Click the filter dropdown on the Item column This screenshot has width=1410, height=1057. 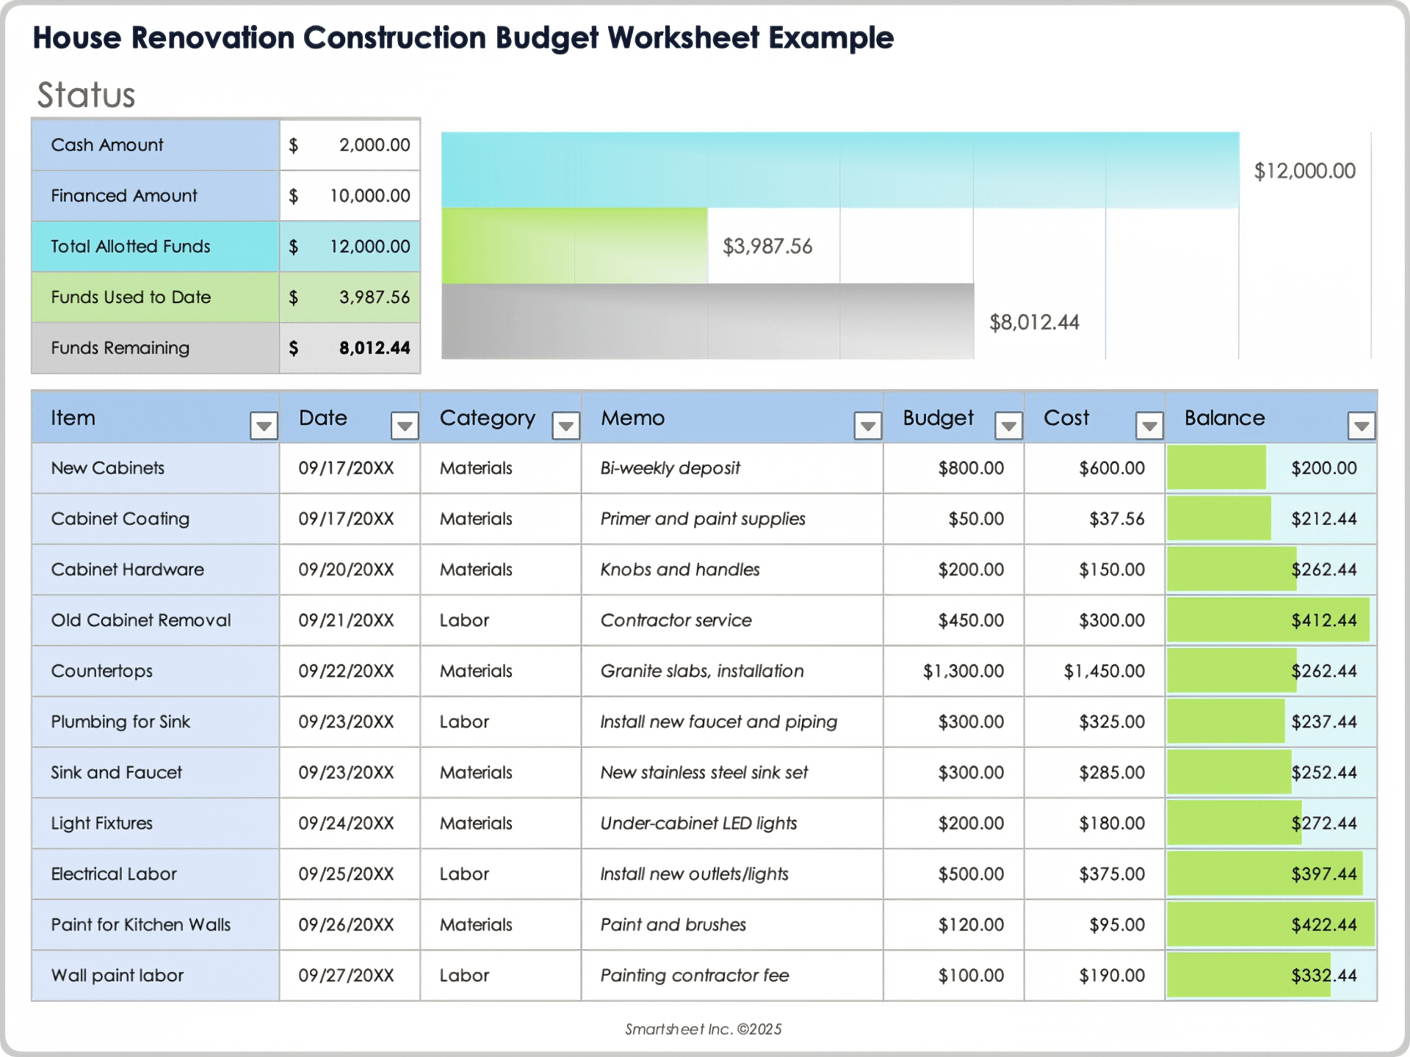pos(264,426)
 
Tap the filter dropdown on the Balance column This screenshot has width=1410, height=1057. pos(1361,426)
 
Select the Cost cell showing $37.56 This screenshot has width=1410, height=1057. pos(1116,519)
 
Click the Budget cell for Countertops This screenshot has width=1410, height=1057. pos(963,671)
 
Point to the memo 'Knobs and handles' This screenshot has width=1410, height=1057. pos(679,570)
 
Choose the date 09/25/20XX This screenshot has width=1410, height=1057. pos(346,874)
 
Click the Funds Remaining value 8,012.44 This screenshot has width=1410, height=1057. pos(374,348)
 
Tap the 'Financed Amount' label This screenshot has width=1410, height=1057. pos(124,196)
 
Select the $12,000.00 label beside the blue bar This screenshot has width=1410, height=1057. pos(1304,171)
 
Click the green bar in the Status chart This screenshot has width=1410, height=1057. pos(574,246)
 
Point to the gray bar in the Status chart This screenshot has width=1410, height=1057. pos(706,322)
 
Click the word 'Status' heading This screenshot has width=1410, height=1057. pos(87,95)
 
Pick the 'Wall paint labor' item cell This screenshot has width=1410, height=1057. pos(117,976)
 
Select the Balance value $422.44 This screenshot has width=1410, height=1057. pos(1323,925)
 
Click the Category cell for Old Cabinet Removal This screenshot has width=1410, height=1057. pos(464,620)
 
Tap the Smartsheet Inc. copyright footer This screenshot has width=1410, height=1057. pos(703,1029)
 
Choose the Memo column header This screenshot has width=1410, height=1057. pos(632,418)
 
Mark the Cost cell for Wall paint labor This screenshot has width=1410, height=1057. pos(1111,976)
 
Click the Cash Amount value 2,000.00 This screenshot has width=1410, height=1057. pos(374,145)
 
